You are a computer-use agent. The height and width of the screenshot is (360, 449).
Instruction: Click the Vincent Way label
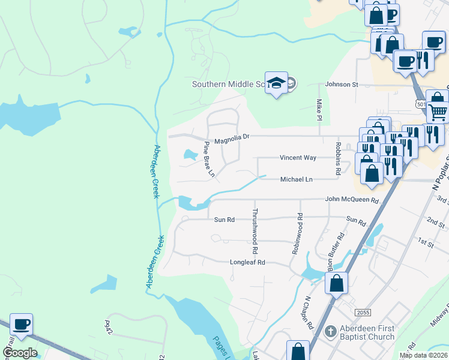(x=298, y=158)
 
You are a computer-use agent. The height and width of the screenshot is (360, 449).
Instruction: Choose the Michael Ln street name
(x=297, y=179)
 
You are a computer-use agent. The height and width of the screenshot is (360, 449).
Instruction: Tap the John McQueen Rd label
(x=352, y=200)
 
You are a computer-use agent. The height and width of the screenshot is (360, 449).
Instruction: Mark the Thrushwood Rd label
(x=255, y=230)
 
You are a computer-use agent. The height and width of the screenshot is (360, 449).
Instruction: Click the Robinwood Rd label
(x=296, y=233)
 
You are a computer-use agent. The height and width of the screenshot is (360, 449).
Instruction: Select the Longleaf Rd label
(x=247, y=262)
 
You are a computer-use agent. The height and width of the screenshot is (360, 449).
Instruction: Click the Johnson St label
(x=342, y=85)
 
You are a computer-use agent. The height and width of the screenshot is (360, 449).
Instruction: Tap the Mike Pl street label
(x=319, y=109)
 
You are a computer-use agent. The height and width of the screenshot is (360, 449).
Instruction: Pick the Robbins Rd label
(x=339, y=154)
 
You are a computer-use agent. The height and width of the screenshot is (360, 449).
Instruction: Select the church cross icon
(x=329, y=332)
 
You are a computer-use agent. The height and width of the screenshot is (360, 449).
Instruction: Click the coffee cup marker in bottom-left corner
(x=22, y=325)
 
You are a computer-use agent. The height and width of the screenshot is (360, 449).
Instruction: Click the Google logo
(x=20, y=353)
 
